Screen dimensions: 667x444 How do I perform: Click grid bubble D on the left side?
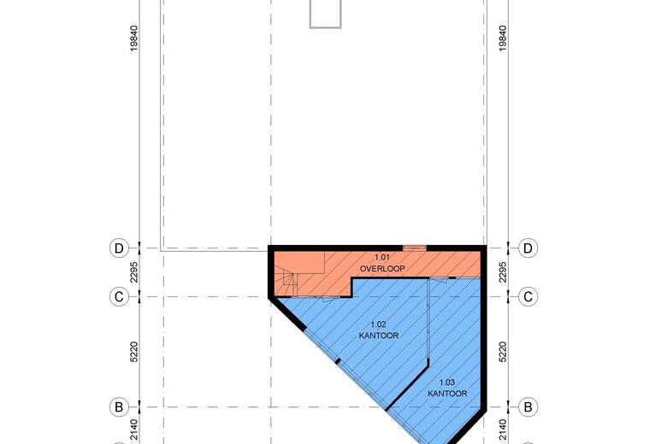(x=119, y=248)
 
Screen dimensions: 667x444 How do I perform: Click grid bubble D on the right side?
(x=528, y=248)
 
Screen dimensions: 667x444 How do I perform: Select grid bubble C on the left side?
(x=119, y=296)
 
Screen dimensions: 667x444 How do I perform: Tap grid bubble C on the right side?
(x=528, y=296)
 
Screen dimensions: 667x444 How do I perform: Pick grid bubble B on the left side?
(x=119, y=407)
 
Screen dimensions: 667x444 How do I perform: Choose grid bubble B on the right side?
(x=528, y=407)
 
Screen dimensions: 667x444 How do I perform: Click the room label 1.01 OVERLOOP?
(x=382, y=263)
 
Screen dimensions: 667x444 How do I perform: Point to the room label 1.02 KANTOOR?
(x=379, y=330)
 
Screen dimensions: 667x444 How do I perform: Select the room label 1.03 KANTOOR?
(x=447, y=388)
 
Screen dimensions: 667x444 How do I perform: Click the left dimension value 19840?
(x=134, y=38)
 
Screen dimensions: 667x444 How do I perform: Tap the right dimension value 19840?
(x=502, y=38)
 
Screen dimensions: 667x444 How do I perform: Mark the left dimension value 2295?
(x=134, y=272)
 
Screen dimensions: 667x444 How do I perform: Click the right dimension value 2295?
(x=502, y=272)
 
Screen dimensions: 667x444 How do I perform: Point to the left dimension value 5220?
(x=134, y=352)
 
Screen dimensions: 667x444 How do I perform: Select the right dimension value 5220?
(x=502, y=352)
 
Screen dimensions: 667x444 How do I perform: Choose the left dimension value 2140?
(x=134, y=430)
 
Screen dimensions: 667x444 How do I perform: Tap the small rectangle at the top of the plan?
(x=326, y=14)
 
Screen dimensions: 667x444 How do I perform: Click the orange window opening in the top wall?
(x=415, y=248)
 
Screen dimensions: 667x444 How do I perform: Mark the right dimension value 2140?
(x=502, y=430)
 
